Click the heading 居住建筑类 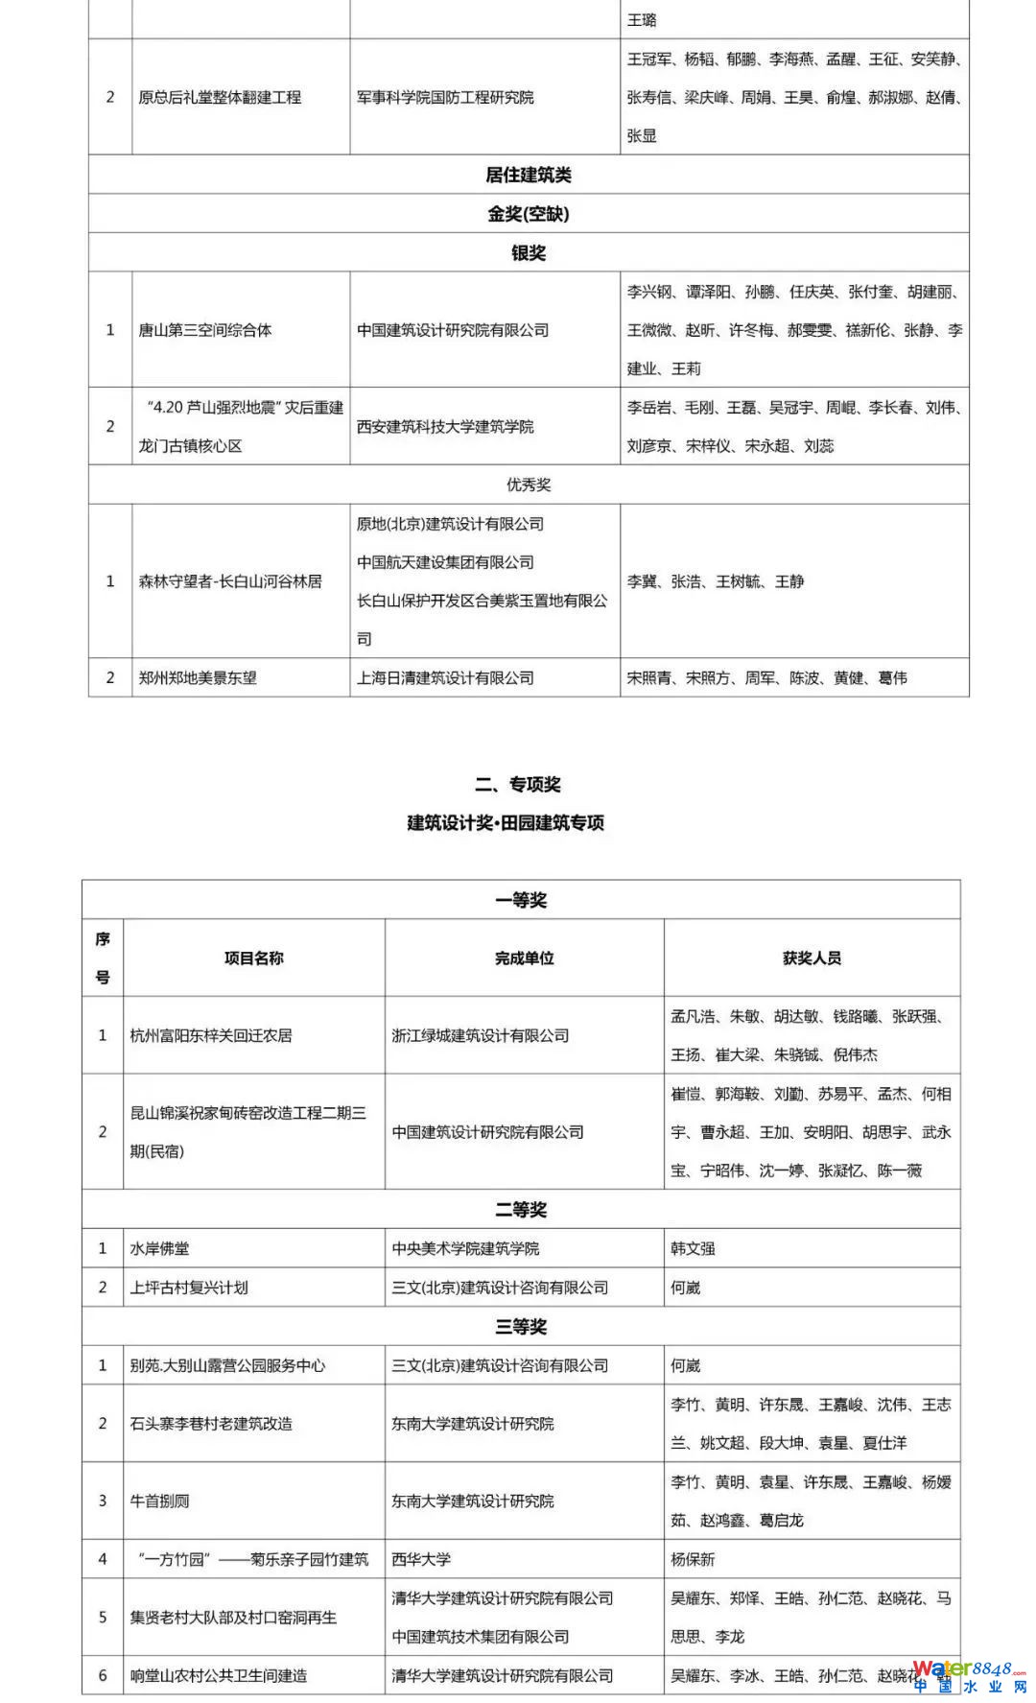point(529,175)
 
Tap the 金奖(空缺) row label point(529,214)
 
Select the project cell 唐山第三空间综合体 point(205,330)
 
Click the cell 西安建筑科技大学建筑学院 point(445,426)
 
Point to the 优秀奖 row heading point(529,485)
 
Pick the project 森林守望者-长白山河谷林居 point(230,581)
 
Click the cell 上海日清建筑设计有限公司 point(445,677)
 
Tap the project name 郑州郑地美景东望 point(198,677)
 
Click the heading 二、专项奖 point(517,784)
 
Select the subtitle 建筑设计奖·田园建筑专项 point(506,822)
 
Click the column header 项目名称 point(254,958)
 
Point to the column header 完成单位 point(524,958)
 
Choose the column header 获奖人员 point(812,958)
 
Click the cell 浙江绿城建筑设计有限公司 point(481,1035)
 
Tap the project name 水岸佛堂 point(159,1248)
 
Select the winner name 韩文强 point(693,1248)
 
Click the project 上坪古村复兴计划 point(189,1288)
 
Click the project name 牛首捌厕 point(159,1501)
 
